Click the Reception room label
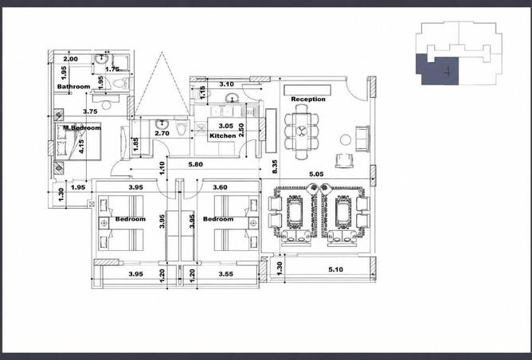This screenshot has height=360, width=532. pyautogui.click(x=308, y=99)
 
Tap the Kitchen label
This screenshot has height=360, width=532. pyautogui.click(x=222, y=135)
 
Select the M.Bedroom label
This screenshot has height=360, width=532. pyautogui.click(x=82, y=128)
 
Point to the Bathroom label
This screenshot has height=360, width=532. pyautogui.click(x=73, y=87)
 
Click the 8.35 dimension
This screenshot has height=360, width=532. pyautogui.click(x=275, y=166)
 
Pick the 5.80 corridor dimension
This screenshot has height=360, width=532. pyautogui.click(x=195, y=165)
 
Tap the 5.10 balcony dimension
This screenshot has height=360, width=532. pyautogui.click(x=335, y=269)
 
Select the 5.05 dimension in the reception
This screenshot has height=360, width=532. pyautogui.click(x=316, y=174)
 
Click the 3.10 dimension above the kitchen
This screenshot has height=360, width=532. pyautogui.click(x=226, y=84)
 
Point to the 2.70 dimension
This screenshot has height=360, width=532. pyautogui.click(x=162, y=133)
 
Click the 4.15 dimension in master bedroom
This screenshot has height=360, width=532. pyautogui.click(x=81, y=147)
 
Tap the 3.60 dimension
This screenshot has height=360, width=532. pyautogui.click(x=220, y=187)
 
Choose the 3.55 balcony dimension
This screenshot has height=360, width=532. pyautogui.click(x=225, y=274)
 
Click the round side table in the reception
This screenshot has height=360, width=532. pyautogui.click(x=346, y=140)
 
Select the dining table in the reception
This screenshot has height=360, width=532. pyautogui.click(x=301, y=131)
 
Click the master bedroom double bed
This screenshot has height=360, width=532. pyautogui.click(x=78, y=141)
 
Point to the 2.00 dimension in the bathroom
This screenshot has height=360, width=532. pyautogui.click(x=71, y=59)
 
